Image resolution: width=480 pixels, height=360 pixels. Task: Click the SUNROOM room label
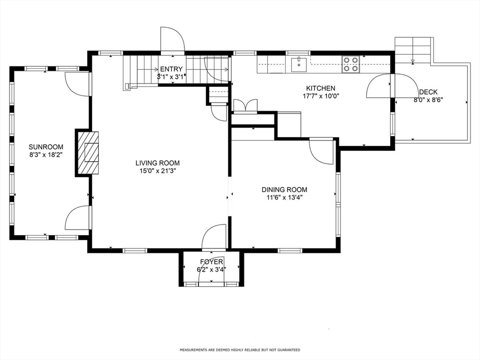click(46, 147)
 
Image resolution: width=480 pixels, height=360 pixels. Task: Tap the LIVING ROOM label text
click(157, 163)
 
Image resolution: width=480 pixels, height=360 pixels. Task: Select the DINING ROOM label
click(285, 189)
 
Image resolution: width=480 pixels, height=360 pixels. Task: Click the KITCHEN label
click(321, 88)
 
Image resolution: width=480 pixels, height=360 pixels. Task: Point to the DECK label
click(428, 92)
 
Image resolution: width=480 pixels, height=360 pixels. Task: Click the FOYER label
click(211, 262)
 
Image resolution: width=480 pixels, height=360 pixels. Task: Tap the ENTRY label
click(172, 69)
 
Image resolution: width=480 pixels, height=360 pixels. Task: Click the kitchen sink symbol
click(299, 64)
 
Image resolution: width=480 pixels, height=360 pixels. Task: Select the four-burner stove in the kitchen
click(351, 65)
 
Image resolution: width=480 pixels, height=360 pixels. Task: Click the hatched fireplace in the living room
click(88, 152)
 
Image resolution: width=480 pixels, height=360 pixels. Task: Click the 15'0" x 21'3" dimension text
click(157, 171)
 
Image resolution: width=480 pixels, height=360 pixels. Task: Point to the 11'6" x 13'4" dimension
click(285, 197)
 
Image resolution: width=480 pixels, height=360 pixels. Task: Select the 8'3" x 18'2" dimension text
click(46, 155)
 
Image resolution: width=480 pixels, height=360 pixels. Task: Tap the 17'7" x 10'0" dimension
click(321, 96)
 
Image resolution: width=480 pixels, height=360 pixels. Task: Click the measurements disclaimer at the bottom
click(240, 350)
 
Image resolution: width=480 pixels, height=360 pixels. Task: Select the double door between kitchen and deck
click(392, 86)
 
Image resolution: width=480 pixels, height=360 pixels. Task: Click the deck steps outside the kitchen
click(412, 50)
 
